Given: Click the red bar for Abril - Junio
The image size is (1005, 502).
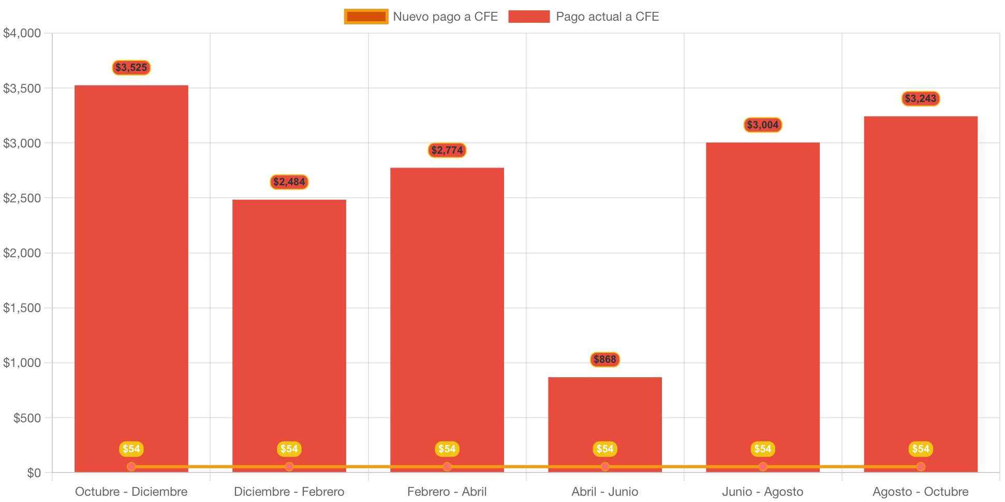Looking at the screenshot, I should (x=605, y=414).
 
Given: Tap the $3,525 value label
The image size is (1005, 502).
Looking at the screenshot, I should (x=131, y=67).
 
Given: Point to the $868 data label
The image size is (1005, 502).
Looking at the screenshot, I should (x=605, y=359).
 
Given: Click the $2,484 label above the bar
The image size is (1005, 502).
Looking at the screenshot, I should (x=289, y=182).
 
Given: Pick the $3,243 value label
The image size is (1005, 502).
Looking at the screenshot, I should (x=921, y=98).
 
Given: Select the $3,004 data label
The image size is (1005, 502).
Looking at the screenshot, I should (x=763, y=125).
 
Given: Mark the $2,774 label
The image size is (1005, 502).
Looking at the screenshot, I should (x=447, y=150).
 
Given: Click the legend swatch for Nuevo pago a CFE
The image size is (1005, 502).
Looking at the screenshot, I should (x=366, y=17).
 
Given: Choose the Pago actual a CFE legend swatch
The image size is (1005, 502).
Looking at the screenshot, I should (x=529, y=17).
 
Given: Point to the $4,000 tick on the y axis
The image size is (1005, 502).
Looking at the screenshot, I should (x=22, y=33).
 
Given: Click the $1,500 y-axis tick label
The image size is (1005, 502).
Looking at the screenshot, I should (x=22, y=308).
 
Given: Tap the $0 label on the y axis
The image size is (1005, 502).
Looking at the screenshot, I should (x=34, y=473).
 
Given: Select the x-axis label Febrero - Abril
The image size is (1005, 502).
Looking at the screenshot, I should (x=447, y=491).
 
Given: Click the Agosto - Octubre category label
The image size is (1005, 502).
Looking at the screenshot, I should (x=921, y=491).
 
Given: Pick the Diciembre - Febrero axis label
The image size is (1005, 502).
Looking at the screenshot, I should (x=289, y=491).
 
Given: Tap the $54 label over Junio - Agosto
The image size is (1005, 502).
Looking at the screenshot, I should (x=763, y=449).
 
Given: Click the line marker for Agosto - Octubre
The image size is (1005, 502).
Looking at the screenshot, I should (x=921, y=467).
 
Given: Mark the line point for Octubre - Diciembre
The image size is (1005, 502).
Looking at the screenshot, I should (x=131, y=467).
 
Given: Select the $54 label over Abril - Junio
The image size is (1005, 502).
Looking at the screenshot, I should (x=605, y=449).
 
